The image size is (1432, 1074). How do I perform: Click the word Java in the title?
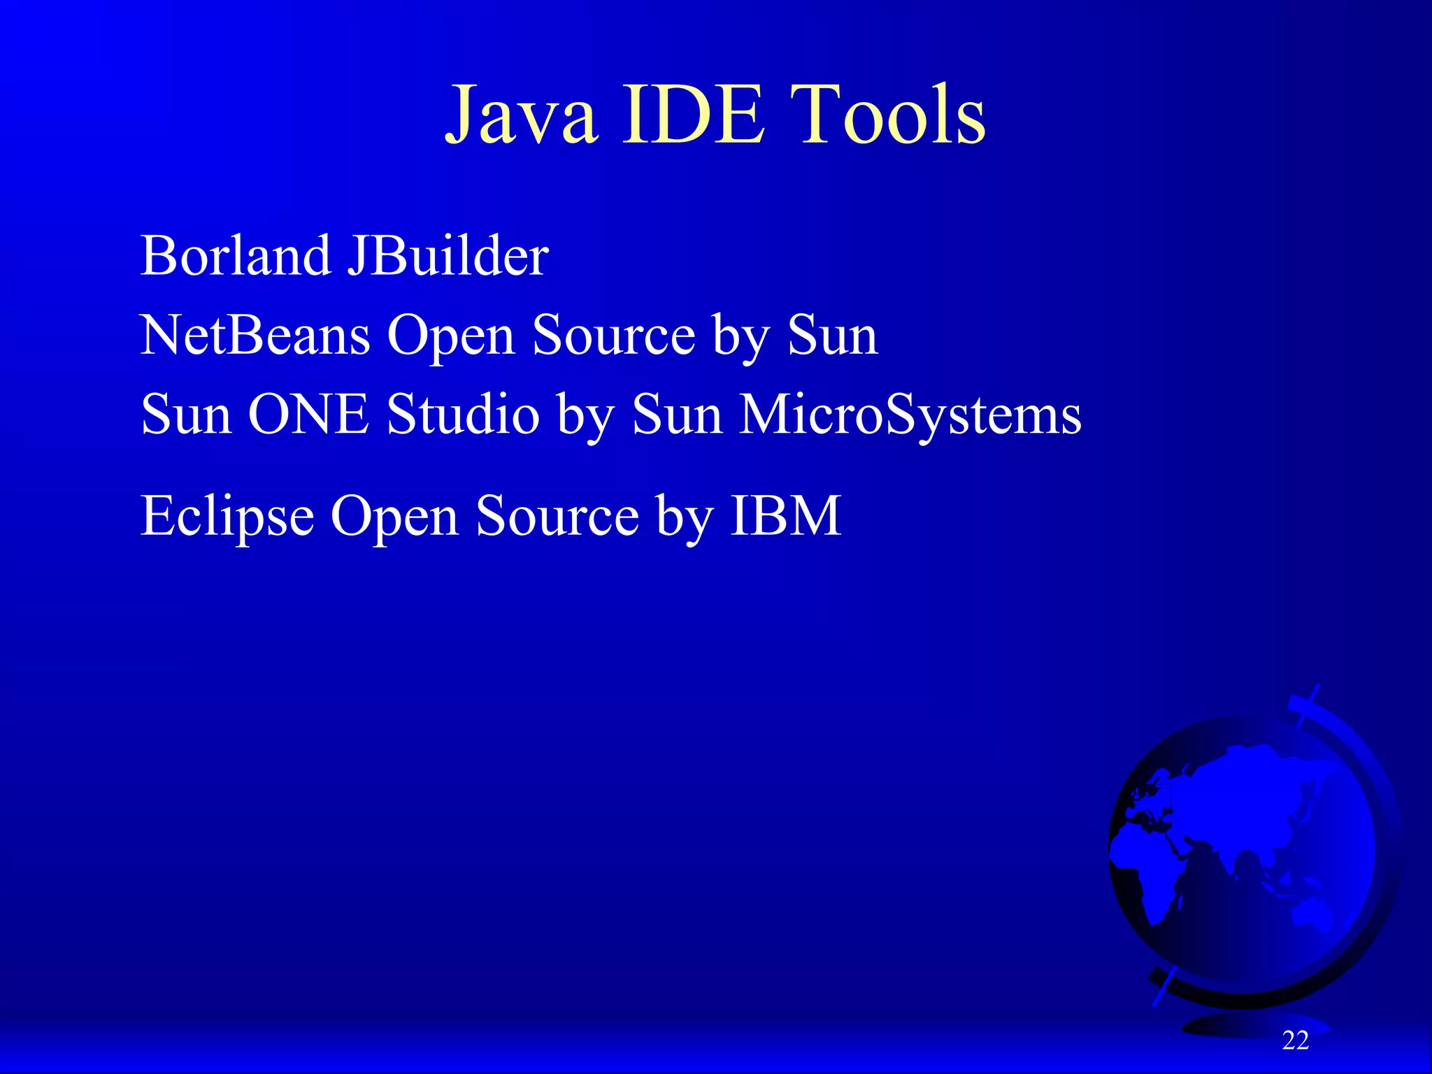(x=522, y=115)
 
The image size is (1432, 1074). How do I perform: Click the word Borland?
(x=235, y=256)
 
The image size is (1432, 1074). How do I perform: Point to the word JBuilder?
(x=448, y=256)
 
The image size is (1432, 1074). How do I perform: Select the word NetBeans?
(x=255, y=336)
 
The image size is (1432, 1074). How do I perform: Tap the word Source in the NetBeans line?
(x=613, y=336)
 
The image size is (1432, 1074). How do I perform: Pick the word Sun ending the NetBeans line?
(x=832, y=336)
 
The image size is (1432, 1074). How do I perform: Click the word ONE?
(x=308, y=415)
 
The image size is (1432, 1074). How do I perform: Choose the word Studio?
(x=463, y=415)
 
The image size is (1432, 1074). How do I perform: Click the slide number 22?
(x=1295, y=1040)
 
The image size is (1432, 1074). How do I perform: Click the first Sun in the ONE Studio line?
(x=186, y=415)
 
